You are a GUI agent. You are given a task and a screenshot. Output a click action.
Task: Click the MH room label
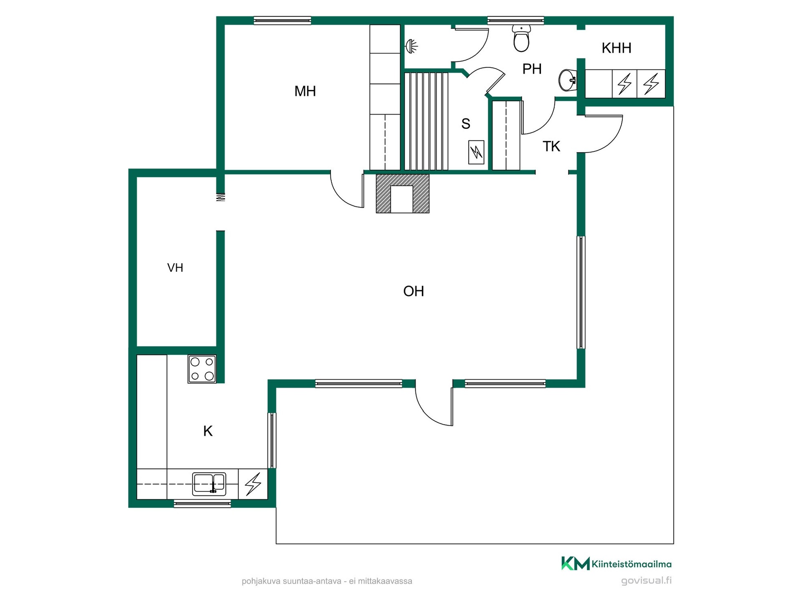tap(305, 91)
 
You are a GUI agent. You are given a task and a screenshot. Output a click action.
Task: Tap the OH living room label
tap(414, 291)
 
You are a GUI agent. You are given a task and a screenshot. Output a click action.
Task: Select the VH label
tap(175, 268)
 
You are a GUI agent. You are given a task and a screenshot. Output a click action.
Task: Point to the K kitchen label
tap(208, 431)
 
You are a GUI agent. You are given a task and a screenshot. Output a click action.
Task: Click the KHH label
tap(616, 48)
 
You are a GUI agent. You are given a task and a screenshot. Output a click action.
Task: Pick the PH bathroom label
tap(532, 69)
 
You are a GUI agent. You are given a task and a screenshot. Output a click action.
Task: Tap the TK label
tap(551, 146)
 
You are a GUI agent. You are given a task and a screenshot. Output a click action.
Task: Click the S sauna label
tap(466, 124)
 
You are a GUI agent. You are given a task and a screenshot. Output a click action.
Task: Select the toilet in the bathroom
tap(521, 38)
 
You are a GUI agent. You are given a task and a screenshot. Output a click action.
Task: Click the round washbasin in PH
tap(568, 80)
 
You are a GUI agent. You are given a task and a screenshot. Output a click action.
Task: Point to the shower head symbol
tap(411, 46)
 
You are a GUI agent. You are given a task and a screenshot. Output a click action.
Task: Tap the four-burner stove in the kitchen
tap(202, 369)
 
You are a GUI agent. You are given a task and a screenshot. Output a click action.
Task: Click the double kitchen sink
tap(209, 484)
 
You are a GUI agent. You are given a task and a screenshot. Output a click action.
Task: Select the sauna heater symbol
tap(476, 152)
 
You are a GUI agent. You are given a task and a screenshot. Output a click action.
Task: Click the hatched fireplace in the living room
tap(403, 194)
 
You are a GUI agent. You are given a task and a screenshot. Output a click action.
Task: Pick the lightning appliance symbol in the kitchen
tap(253, 484)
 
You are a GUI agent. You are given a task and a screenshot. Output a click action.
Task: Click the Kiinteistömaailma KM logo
tap(616, 564)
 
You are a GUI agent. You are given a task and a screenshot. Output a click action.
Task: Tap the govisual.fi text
tap(646, 581)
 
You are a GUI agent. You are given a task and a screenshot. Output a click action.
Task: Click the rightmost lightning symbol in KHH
tap(651, 84)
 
